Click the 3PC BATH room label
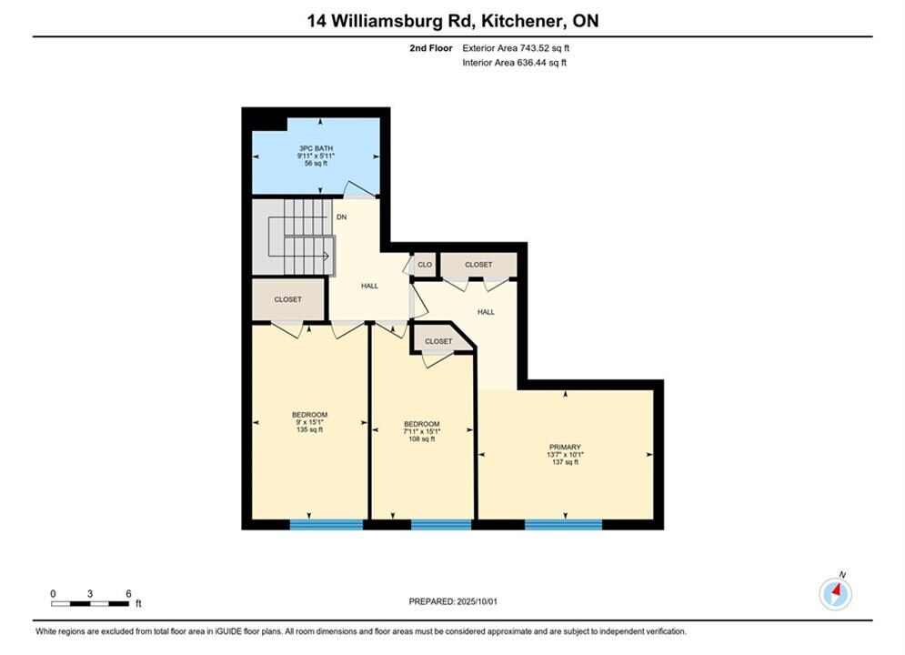316,148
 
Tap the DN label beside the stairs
342,217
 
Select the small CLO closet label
425,265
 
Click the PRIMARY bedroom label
565,447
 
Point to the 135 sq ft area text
309,429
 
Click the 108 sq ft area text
422,438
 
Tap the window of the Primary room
563,525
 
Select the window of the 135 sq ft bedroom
327,525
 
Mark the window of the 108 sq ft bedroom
441,525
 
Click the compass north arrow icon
836,593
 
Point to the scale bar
90,604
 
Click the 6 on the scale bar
129,593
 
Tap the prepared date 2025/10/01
477,601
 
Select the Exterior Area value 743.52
537,48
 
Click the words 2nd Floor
431,48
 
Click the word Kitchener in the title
521,21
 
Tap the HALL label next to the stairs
370,286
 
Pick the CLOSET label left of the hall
288,299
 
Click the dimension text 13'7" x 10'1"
565,454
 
